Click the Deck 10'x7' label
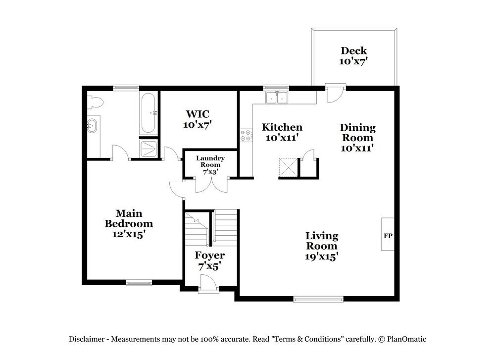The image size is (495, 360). (x=353, y=55)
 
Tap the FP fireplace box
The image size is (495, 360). (x=388, y=235)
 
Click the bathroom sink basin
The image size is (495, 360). (x=92, y=125)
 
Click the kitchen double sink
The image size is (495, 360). (x=277, y=98)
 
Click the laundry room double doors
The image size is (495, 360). (x=211, y=185)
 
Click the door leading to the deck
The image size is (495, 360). (x=335, y=93)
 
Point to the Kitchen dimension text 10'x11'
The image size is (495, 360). (x=282, y=138)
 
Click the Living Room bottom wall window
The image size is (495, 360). (x=318, y=299)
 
